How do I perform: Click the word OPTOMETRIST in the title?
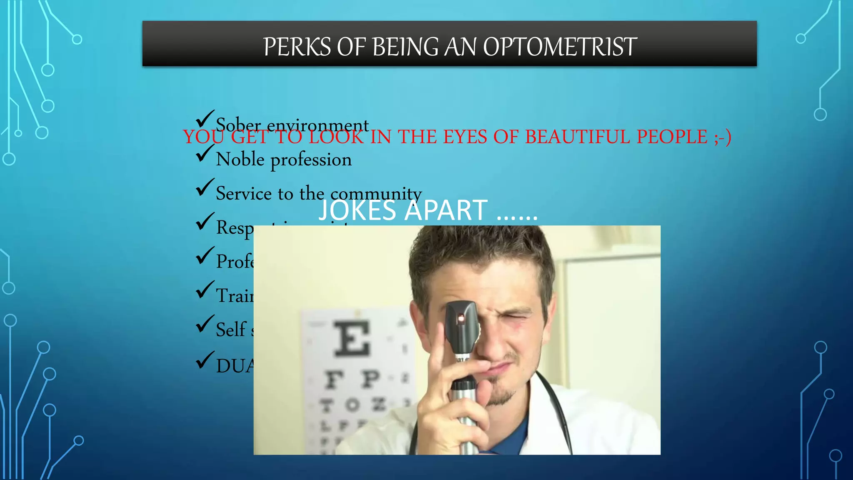560,47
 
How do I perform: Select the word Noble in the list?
240,160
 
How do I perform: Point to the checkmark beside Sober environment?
205,119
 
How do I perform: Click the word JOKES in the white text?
357,210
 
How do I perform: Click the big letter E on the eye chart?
352,338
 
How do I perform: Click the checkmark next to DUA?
205,360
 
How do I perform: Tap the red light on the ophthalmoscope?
461,319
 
